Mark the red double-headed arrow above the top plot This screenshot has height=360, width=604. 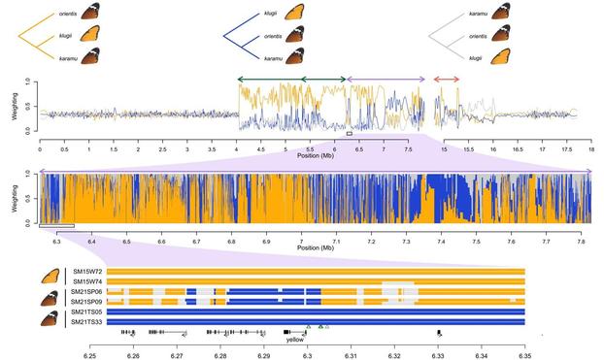click(447, 79)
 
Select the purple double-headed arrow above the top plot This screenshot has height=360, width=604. click(386, 79)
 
